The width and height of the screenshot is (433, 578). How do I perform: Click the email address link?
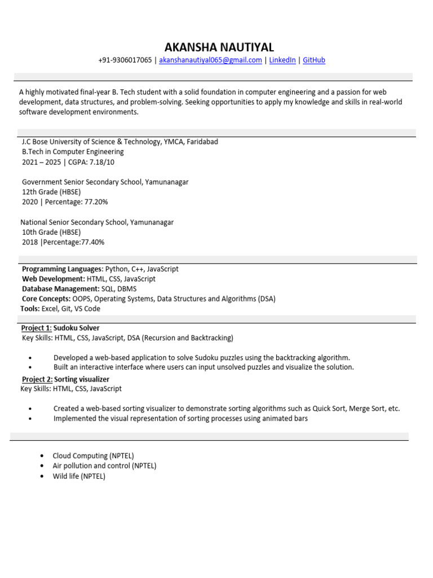click(210, 60)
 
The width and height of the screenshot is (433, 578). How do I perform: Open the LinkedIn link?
click(282, 60)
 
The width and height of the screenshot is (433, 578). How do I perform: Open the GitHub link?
click(314, 60)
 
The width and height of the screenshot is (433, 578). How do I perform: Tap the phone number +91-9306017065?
click(125, 60)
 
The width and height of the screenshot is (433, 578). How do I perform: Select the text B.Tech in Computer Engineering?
click(73, 152)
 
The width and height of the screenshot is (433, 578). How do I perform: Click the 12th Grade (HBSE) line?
click(51, 192)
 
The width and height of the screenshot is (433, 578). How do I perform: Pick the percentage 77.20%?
click(96, 202)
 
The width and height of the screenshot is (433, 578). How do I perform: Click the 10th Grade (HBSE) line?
click(51, 232)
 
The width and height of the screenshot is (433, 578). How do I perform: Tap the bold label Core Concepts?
click(46, 299)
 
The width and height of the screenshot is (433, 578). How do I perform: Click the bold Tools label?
click(30, 309)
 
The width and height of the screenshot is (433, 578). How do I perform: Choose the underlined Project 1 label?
click(36, 328)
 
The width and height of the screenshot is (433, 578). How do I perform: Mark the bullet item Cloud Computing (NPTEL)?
click(93, 456)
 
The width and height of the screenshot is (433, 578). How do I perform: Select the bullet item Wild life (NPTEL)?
click(79, 476)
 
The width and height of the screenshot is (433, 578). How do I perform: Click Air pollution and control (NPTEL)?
click(104, 466)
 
